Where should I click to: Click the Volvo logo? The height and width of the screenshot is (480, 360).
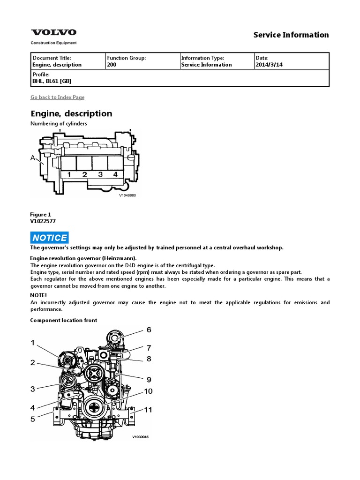(53, 32)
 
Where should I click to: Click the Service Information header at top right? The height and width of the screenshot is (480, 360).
(291, 35)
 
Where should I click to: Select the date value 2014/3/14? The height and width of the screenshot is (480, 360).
(269, 65)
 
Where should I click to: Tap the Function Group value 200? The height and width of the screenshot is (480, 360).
(112, 65)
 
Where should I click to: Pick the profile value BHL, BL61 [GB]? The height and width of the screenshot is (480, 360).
(51, 81)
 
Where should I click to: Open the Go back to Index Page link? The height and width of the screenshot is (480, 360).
(57, 97)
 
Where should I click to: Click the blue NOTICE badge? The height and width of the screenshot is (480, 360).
(50, 238)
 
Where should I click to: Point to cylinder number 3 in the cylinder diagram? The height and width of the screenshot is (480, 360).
(100, 175)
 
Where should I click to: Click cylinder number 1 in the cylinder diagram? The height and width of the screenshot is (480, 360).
(68, 175)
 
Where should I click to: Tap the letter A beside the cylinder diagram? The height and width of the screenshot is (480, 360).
(33, 158)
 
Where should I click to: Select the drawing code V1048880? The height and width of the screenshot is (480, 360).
(127, 195)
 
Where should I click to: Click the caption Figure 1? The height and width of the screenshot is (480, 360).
(41, 215)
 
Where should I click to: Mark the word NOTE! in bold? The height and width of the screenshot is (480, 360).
(38, 295)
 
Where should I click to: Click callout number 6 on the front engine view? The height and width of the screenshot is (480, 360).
(149, 330)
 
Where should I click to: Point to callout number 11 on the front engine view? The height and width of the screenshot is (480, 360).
(148, 410)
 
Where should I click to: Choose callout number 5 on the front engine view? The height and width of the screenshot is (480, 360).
(33, 419)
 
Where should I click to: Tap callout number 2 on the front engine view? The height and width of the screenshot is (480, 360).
(33, 362)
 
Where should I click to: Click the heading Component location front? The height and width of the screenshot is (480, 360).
(64, 320)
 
